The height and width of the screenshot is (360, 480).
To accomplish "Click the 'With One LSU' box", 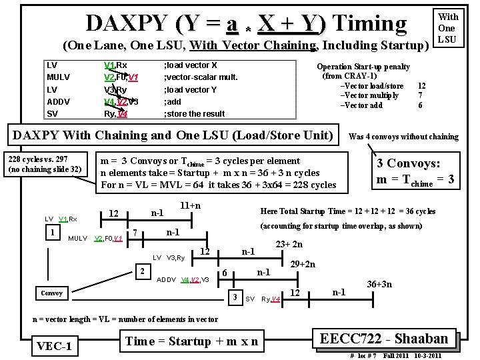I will [447, 28].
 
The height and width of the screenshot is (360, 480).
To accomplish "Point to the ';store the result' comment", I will [194, 113].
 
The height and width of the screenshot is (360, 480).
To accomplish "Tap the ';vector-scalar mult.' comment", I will [201, 77].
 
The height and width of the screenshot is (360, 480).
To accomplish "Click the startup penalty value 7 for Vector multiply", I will [420, 95].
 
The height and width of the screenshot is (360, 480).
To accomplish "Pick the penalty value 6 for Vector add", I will [420, 105].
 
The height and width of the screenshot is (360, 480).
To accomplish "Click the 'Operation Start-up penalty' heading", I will [363, 67].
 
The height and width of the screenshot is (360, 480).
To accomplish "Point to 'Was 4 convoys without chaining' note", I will [403, 137].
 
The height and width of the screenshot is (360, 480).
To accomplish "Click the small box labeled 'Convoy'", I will [51, 293].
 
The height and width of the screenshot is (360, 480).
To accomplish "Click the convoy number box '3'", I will [235, 296].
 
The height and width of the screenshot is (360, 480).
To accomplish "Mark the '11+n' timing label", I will [191, 206].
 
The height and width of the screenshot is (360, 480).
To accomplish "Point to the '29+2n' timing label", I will [302, 265].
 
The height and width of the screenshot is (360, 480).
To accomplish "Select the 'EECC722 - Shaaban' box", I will [387, 337].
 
